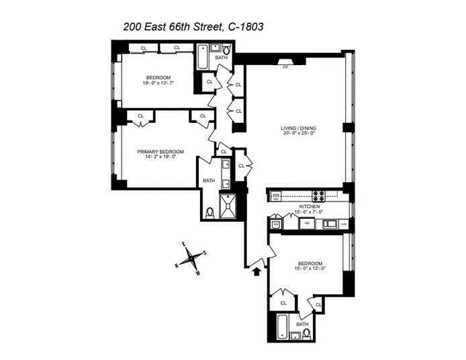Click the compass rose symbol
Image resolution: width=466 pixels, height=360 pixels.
(x=192, y=257)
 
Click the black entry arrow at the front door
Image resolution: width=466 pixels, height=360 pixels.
(x=255, y=271)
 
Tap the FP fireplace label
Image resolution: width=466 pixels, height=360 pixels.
(x=285, y=67)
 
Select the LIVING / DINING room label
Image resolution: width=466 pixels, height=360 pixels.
(x=298, y=128)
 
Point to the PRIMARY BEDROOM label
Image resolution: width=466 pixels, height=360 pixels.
(x=160, y=152)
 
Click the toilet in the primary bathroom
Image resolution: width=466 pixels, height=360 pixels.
(x=210, y=213)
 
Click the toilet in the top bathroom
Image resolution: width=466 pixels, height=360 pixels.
(x=227, y=49)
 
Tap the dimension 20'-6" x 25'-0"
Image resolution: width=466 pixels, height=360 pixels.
(x=298, y=134)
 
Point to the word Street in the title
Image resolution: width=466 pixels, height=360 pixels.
(x=193, y=28)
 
